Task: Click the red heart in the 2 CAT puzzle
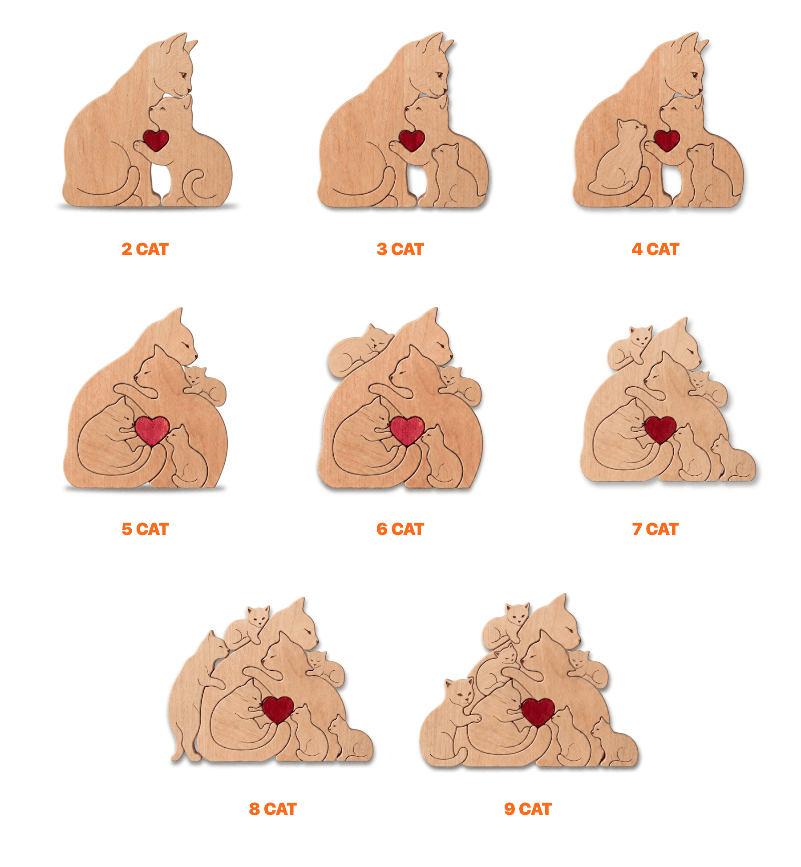pos(156,140)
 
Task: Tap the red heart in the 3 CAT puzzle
pos(412,140)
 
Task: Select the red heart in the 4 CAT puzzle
pos(667,140)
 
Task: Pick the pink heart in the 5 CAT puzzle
pos(152,429)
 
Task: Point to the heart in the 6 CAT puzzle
pos(407,429)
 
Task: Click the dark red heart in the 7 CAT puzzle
pos(661,429)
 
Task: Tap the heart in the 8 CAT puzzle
pos(278,709)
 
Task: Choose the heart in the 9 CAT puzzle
pos(538,711)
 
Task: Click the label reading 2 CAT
pos(145,249)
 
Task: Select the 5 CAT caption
pos(145,529)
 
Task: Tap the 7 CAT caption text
pos(655,529)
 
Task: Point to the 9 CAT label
pos(528,809)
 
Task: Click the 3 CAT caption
pos(400,249)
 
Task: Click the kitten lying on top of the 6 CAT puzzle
pos(358,349)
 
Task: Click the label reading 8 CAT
pos(273,809)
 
